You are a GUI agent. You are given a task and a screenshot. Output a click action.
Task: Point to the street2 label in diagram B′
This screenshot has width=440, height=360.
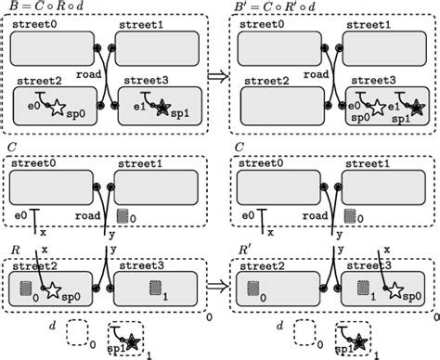pos(265,81)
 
